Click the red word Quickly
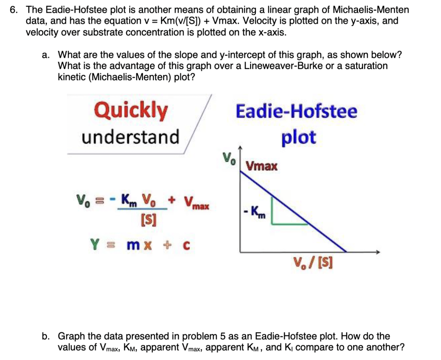coord(131,111)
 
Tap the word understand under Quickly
coord(130,137)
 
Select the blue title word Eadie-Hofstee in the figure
coord(296,111)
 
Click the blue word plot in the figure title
coord(299,138)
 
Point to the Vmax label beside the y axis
coord(261,166)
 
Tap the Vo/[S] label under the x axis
coord(313,263)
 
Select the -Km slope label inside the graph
coord(255,212)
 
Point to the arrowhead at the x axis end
coord(378,252)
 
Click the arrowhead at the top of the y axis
coord(240,148)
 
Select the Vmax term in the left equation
coord(196,202)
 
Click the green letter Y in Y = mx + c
coord(95,244)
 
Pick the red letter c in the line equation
coord(186,245)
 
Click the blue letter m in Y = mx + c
coord(134,245)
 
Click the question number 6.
coord(12,10)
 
